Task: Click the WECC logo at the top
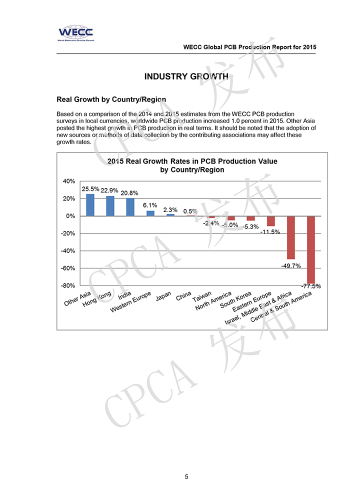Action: click(x=75, y=33)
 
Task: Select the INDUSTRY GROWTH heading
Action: click(x=186, y=76)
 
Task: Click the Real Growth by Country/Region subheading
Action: click(x=111, y=99)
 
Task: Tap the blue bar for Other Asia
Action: click(x=90, y=205)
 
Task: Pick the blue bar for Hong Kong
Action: click(x=110, y=206)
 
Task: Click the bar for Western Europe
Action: click(x=150, y=213)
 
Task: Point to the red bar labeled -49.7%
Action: click(x=290, y=237)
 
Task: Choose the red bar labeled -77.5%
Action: click(x=310, y=249)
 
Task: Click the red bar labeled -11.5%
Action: click(x=270, y=221)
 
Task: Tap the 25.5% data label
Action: click(x=90, y=189)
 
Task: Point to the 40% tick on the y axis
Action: click(x=68, y=181)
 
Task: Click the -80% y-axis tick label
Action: click(x=67, y=285)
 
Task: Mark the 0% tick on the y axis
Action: click(x=70, y=216)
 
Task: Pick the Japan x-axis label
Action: click(x=163, y=296)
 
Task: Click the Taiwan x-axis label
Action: click(x=203, y=295)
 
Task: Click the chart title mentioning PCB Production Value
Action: click(x=192, y=165)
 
